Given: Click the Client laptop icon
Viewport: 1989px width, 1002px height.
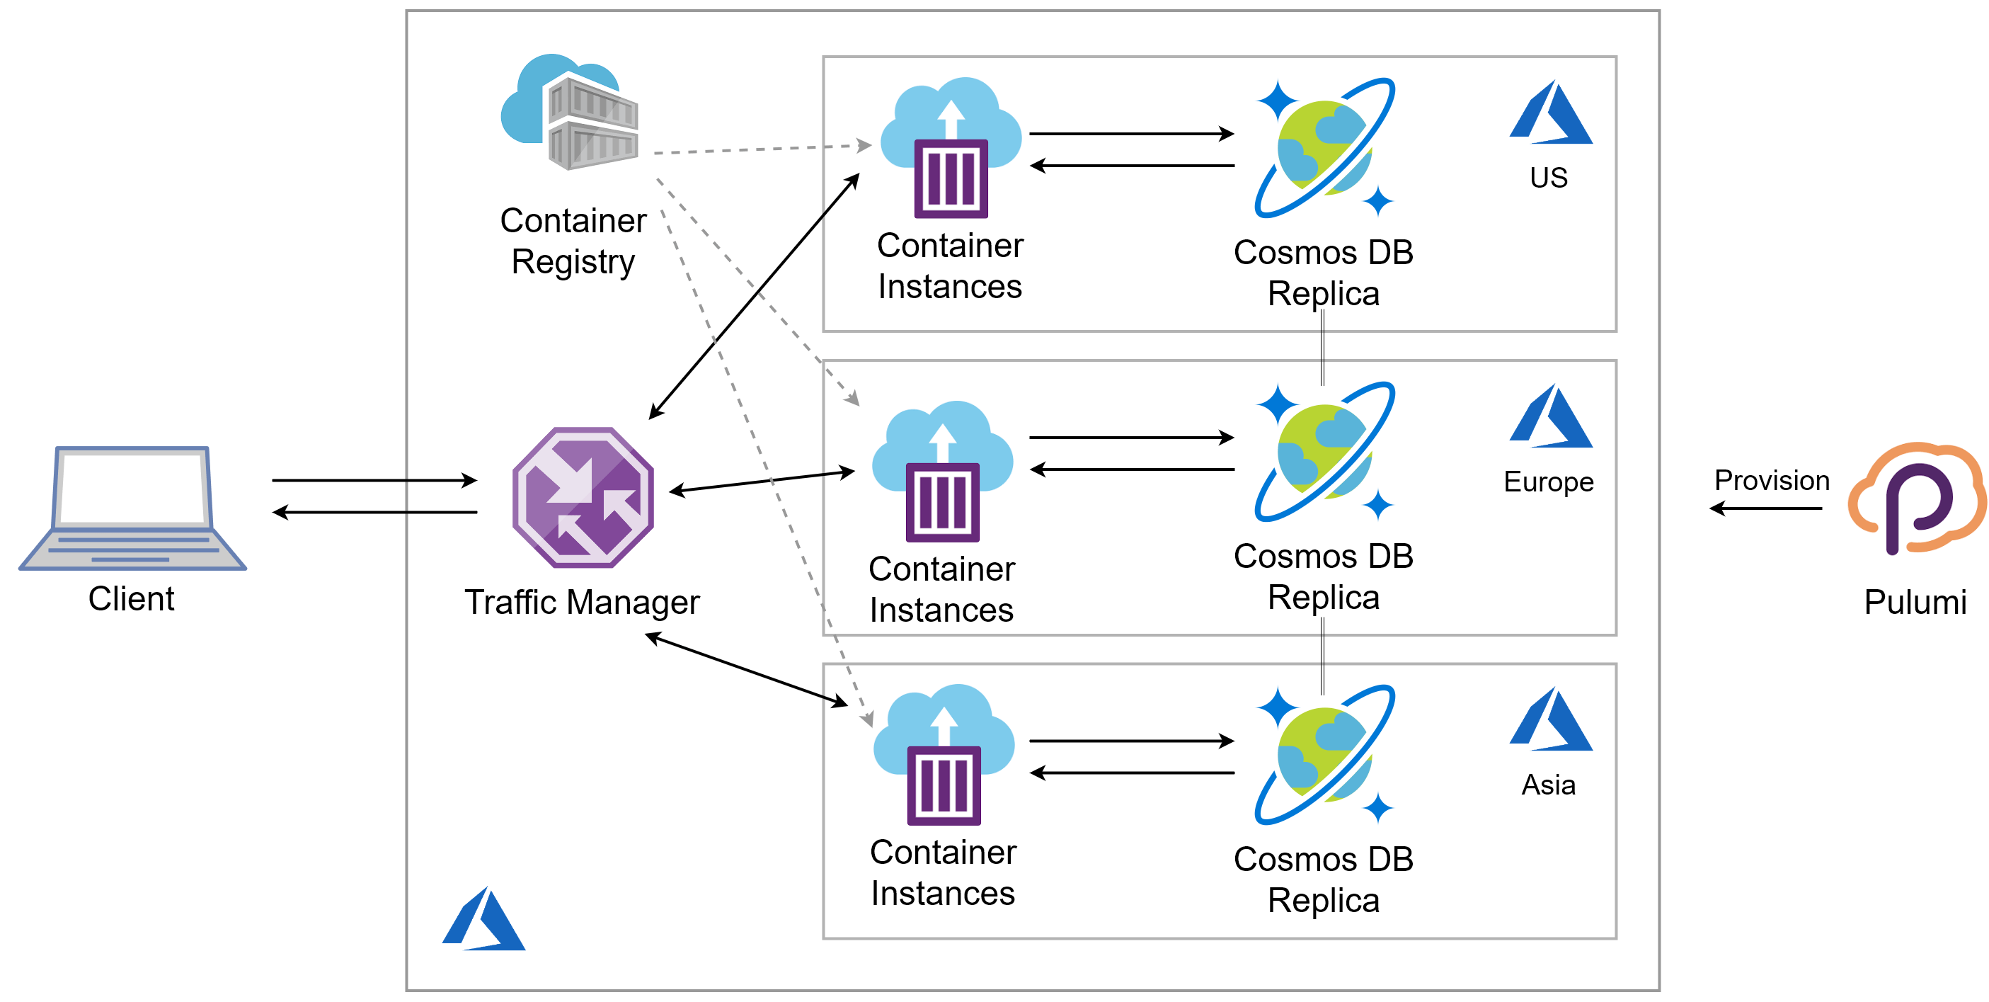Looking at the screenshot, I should click(132, 508).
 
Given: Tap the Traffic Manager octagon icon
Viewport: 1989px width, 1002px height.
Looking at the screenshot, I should click(583, 498).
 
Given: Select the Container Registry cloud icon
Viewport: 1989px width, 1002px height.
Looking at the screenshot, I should click(571, 112).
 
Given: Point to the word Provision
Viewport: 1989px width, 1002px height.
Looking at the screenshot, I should click(1771, 481).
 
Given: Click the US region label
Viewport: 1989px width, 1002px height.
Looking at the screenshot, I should click(1548, 178).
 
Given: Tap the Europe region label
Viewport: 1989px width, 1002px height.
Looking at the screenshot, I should click(1548, 482).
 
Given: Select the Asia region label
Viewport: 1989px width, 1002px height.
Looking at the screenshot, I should click(1548, 785).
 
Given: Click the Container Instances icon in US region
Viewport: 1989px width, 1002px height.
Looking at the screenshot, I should click(951, 147).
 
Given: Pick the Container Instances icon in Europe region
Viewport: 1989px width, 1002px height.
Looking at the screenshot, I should click(942, 471).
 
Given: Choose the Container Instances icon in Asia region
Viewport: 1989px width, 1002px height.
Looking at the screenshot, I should click(944, 755).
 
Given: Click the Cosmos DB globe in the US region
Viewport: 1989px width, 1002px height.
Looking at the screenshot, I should click(1324, 147).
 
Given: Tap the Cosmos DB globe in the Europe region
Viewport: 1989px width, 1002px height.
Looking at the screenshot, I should click(1324, 451).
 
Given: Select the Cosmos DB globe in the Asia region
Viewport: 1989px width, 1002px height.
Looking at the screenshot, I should click(1324, 755).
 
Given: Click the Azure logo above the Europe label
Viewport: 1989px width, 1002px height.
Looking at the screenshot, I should click(1550, 416).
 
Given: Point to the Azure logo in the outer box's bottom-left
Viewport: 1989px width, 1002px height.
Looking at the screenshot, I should click(484, 918).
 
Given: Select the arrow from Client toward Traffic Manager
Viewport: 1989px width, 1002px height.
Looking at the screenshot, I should click(374, 481).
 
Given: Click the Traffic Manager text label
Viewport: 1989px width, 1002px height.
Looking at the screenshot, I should click(581, 603).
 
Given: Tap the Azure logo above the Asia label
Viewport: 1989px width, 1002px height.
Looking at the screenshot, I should click(1550, 719).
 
